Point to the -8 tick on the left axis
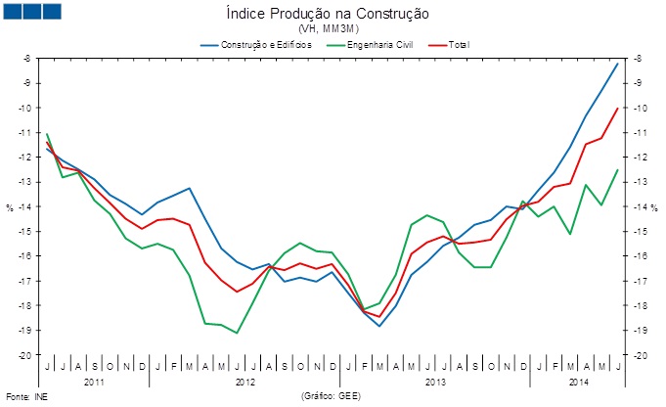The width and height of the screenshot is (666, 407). pyautogui.click(x=28, y=59)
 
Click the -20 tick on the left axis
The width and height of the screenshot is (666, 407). pyautogui.click(x=26, y=354)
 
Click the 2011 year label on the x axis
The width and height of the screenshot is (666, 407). pyautogui.click(x=94, y=380)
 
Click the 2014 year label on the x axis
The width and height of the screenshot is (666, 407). pyautogui.click(x=579, y=380)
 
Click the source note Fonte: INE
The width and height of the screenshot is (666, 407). pyautogui.click(x=25, y=397)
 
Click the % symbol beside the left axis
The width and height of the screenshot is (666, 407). pyautogui.click(x=11, y=207)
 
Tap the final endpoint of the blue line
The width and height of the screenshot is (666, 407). pyautogui.click(x=617, y=63)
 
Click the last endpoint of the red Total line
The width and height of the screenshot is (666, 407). pyautogui.click(x=617, y=108)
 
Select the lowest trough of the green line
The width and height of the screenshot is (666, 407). pyautogui.click(x=237, y=333)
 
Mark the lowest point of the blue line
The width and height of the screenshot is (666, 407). pyautogui.click(x=379, y=325)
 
